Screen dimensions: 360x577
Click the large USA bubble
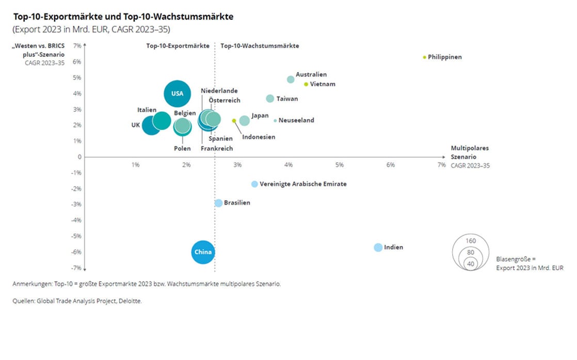point(177,93)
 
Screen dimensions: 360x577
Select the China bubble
point(202,252)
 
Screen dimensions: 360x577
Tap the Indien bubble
point(378,248)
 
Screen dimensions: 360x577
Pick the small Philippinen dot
point(425,57)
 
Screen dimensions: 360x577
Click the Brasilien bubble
point(219,203)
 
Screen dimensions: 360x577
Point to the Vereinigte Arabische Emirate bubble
point(254,184)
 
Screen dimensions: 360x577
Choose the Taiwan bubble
point(270,99)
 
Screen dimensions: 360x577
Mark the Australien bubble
point(291,79)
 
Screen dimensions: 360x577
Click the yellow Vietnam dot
point(306,84)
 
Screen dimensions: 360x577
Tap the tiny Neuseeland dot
point(275,121)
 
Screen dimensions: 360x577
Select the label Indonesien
point(259,137)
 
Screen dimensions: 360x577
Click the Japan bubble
point(245,121)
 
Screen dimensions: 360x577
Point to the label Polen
point(182,149)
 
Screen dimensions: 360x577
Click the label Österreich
point(225,100)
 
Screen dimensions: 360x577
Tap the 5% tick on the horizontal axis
point(339,165)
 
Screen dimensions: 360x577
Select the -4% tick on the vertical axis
point(75,220)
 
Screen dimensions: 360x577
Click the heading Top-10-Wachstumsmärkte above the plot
point(260,46)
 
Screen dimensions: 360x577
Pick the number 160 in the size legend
point(471,241)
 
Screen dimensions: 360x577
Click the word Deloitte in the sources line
point(131,301)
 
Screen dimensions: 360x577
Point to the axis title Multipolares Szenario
point(469,152)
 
